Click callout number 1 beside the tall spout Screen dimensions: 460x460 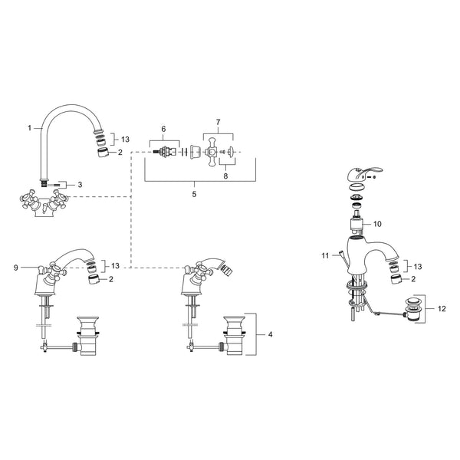(x=29, y=128)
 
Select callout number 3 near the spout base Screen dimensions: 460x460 (x=80, y=185)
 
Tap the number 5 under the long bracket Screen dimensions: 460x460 (x=194, y=195)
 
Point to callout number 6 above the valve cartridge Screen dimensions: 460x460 (x=164, y=129)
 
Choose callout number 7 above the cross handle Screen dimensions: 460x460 (x=218, y=122)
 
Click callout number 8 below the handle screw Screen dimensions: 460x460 (x=225, y=176)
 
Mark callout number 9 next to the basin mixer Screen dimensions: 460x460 (x=16, y=268)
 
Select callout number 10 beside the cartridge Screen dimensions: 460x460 (x=377, y=224)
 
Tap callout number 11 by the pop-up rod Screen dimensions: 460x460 (x=325, y=256)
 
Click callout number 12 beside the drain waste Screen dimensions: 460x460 (x=442, y=309)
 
